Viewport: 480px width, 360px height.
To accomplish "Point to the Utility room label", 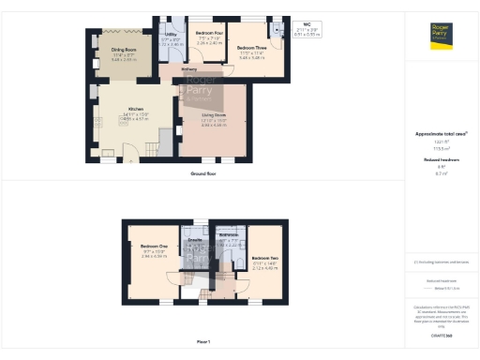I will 171,35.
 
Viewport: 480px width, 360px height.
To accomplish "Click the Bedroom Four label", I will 209,34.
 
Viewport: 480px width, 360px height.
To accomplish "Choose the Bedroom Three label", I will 251,48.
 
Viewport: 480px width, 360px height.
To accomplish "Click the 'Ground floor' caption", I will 203,173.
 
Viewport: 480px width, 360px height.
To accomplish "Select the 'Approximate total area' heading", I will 441,134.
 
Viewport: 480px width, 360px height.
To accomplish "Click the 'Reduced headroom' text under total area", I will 441,160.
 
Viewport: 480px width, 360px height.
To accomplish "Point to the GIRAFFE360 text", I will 441,335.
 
